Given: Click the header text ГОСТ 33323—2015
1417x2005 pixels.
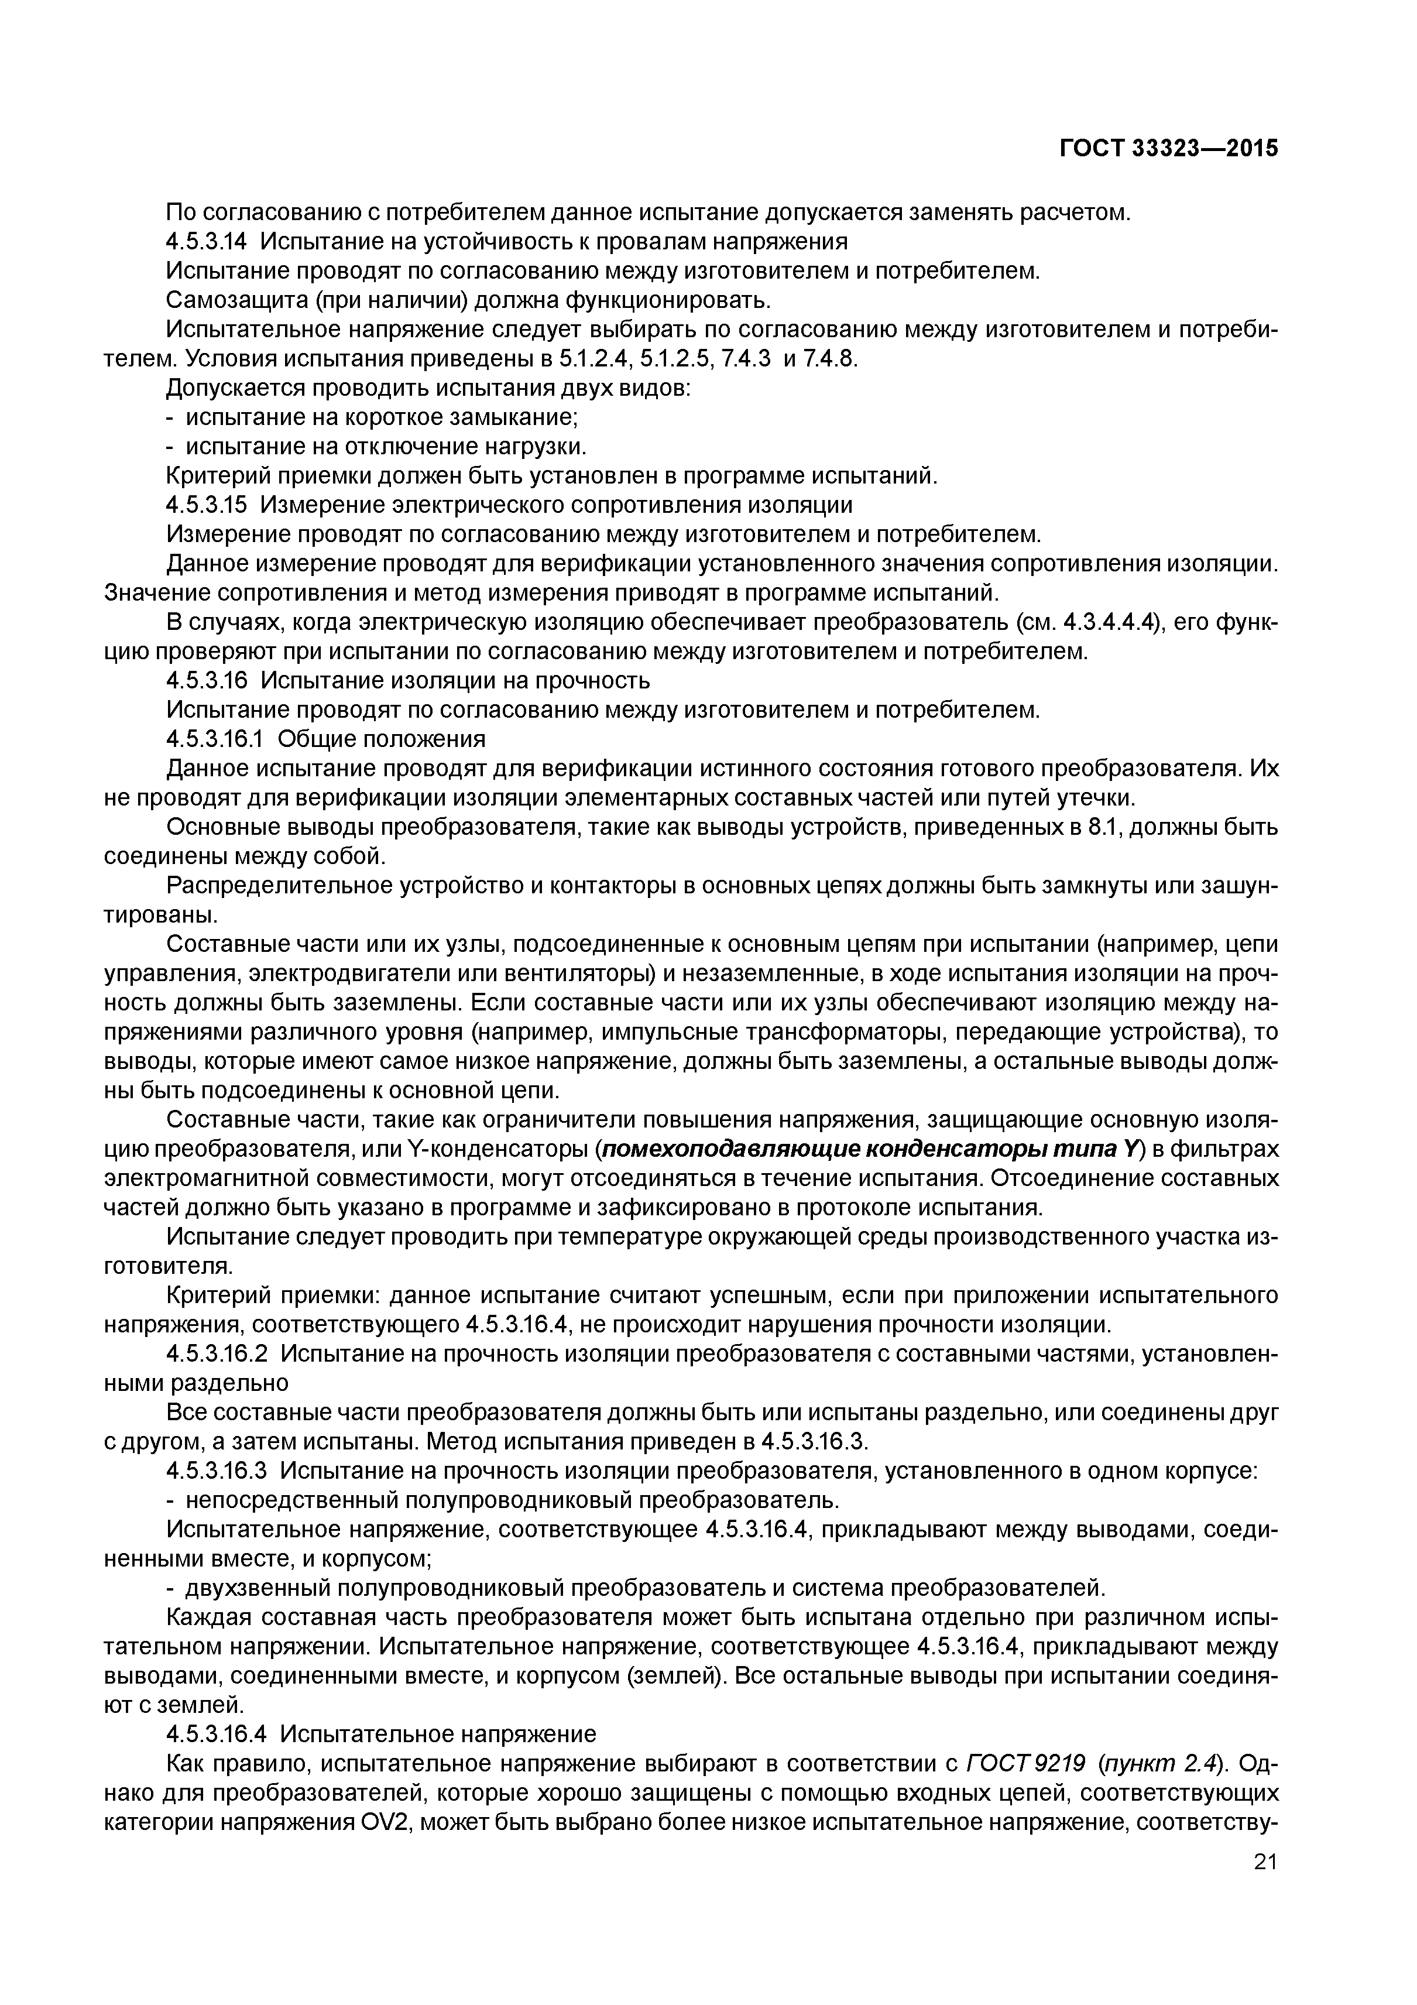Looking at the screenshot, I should (x=1168, y=149).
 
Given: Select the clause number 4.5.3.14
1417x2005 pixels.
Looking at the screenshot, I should (x=210, y=241).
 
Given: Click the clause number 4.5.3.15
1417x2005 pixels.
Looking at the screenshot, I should (x=210, y=505).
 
